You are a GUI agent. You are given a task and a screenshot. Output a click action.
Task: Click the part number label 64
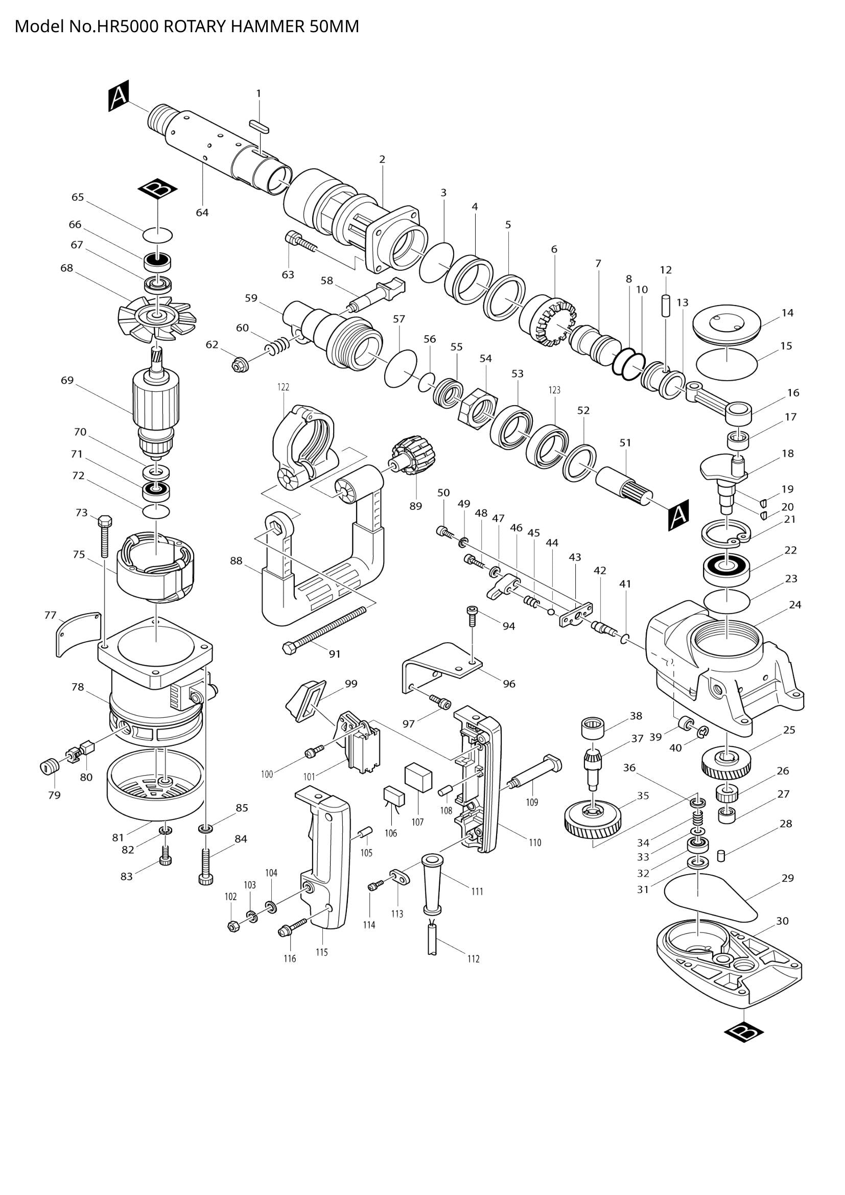[202, 213]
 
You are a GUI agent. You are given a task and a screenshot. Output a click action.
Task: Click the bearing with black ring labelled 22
[727, 568]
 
